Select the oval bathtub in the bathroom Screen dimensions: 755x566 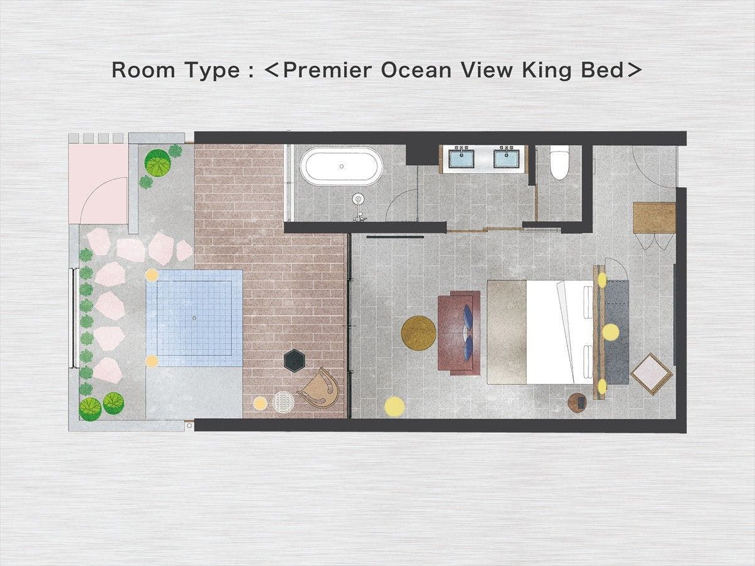coord(341,167)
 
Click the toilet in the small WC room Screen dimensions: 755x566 coord(559,162)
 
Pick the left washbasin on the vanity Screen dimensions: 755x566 coord(461,157)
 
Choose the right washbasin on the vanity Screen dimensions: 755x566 coord(506,157)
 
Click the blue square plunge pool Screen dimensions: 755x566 coord(194,318)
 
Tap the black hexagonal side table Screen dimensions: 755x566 coord(296,360)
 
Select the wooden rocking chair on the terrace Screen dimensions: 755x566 coord(320,388)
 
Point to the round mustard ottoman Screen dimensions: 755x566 coord(418,333)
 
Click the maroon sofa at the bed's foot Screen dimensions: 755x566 coord(459,333)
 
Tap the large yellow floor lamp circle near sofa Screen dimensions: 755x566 coord(394,406)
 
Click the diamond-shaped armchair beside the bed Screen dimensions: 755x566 coord(651,374)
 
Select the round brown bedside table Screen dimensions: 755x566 coord(578,402)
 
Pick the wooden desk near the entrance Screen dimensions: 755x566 coord(654,218)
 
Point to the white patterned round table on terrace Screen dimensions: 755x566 coord(283,402)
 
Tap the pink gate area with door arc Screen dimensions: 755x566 coord(98,184)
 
